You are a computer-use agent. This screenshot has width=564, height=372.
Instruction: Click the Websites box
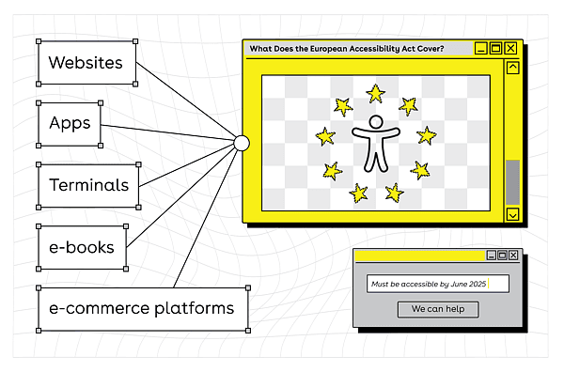(87, 63)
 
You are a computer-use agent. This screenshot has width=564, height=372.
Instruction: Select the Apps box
(70, 124)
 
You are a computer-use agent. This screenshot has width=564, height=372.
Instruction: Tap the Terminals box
(88, 186)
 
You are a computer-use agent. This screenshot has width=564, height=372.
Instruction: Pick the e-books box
(83, 247)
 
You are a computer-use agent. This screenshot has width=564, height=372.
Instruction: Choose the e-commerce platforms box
(143, 309)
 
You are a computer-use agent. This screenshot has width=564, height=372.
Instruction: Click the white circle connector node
(242, 143)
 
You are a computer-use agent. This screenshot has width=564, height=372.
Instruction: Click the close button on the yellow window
(510, 48)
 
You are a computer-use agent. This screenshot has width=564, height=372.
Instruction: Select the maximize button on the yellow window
(495, 48)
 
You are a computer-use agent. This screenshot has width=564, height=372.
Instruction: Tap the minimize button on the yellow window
(481, 48)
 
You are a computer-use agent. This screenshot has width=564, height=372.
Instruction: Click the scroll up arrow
(512, 68)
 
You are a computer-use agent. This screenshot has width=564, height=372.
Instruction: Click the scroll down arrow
(512, 214)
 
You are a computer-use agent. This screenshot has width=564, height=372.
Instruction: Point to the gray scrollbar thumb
(512, 182)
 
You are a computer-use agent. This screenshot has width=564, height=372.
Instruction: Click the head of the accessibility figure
(376, 122)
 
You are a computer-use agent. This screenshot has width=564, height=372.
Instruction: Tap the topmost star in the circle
(375, 93)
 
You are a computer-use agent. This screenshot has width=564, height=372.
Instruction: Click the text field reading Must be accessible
(438, 284)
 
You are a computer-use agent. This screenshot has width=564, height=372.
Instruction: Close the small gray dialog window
(513, 256)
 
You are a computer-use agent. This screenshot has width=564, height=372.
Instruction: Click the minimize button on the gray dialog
(492, 256)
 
